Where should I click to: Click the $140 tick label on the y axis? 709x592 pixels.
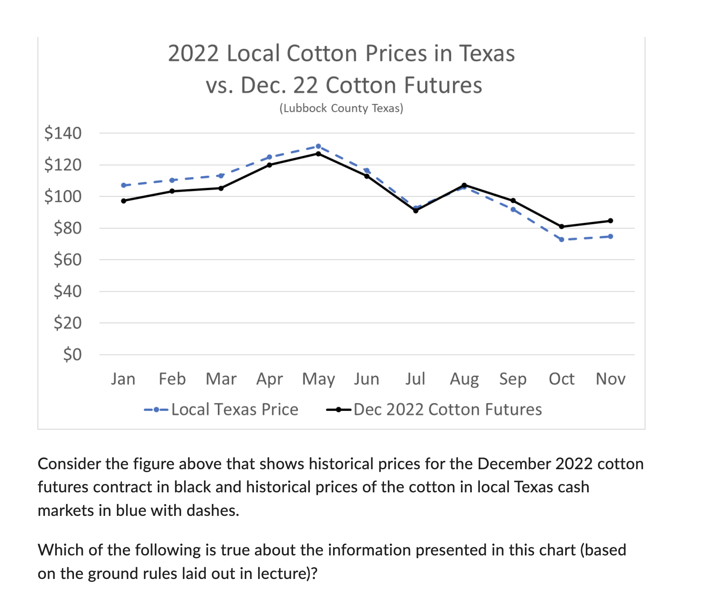pyautogui.click(x=63, y=133)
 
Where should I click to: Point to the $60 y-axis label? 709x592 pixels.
pyautogui.click(x=67, y=260)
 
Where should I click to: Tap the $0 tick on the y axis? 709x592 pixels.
pyautogui.click(x=72, y=355)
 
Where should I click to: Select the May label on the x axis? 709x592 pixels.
pyautogui.click(x=318, y=379)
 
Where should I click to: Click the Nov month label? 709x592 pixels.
pyautogui.click(x=610, y=379)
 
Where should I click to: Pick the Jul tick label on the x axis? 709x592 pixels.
pyautogui.click(x=415, y=379)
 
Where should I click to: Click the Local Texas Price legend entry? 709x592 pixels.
pyautogui.click(x=234, y=410)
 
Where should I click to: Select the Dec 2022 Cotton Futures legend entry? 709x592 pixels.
pyautogui.click(x=447, y=410)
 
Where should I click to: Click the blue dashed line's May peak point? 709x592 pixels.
pyautogui.click(x=318, y=146)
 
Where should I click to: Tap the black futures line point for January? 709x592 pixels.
pyautogui.click(x=124, y=201)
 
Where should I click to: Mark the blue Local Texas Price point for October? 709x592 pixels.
pyautogui.click(x=561, y=240)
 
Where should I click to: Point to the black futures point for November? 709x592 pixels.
pyautogui.click(x=610, y=221)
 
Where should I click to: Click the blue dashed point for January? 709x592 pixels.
pyautogui.click(x=124, y=185)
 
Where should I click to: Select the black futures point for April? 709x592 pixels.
pyautogui.click(x=270, y=165)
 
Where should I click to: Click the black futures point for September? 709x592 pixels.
pyautogui.click(x=513, y=201)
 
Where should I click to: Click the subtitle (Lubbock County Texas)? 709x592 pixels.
pyautogui.click(x=341, y=108)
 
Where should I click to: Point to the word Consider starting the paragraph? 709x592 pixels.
pyautogui.click(x=69, y=464)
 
